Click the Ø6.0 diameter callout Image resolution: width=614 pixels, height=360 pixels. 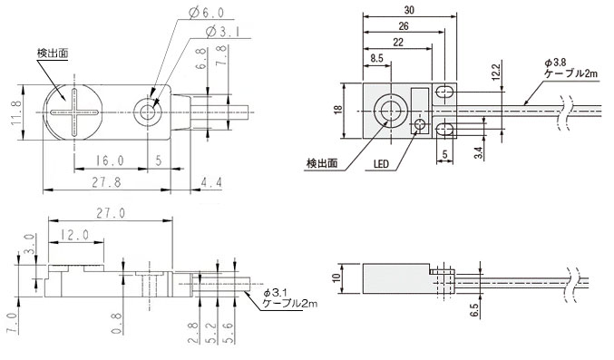click(206, 13)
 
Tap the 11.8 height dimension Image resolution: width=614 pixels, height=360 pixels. click(16, 112)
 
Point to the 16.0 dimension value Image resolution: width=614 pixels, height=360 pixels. click(109, 161)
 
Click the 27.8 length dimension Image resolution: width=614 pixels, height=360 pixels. click(106, 182)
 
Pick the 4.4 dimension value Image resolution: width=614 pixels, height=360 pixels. click(211, 182)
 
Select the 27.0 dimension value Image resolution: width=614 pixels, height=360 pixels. click(112, 213)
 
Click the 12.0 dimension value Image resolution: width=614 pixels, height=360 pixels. click(74, 235)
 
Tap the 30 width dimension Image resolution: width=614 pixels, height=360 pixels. click(409, 10)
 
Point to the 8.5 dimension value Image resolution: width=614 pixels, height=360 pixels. click(376, 58)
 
